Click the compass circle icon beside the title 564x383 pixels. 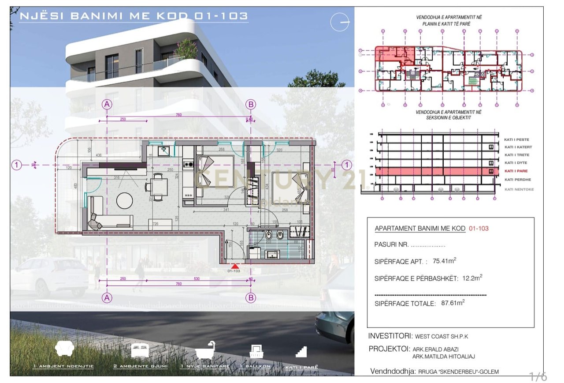coord(340,22)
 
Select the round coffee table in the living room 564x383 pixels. coord(125,201)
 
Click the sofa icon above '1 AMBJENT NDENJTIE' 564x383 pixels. coord(64,349)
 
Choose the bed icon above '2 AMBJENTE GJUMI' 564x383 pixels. coord(140,350)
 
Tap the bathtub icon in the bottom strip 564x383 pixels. coord(205,350)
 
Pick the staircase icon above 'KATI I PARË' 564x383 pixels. coord(302,351)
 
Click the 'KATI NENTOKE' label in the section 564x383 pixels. coord(519,189)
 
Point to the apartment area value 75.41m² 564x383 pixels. coord(444,261)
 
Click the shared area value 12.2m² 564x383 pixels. coord(472,278)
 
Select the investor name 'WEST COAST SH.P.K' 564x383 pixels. coord(442,337)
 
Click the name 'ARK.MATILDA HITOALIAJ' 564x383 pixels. coord(444,357)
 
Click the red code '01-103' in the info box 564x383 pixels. coord(479,229)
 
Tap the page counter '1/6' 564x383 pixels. coord(538,376)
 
